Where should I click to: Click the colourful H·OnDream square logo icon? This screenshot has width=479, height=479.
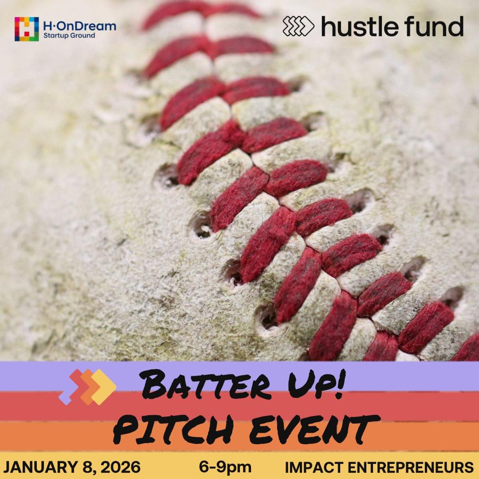coord(26,29)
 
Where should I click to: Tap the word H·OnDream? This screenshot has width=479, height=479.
coord(79,26)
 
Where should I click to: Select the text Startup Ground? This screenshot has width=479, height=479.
coord(69,36)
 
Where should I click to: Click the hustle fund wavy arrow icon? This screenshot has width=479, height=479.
coord(298,26)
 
